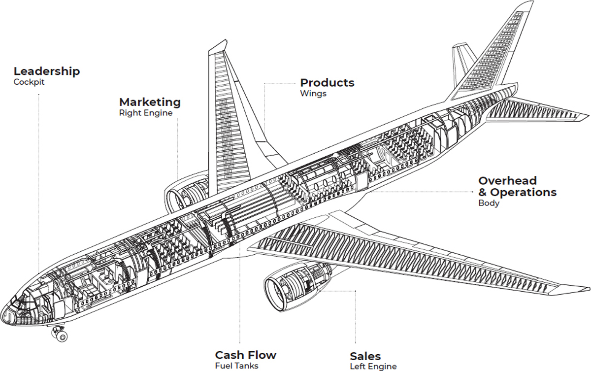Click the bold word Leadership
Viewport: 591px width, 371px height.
click(x=47, y=71)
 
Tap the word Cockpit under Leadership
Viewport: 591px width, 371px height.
click(x=29, y=82)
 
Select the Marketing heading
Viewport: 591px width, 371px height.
click(x=150, y=102)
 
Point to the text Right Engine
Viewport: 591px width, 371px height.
click(x=146, y=113)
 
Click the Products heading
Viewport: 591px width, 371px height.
click(x=327, y=83)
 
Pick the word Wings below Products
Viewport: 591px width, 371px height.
click(x=313, y=94)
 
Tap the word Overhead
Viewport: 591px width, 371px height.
click(x=507, y=181)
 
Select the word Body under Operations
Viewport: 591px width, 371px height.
click(x=489, y=203)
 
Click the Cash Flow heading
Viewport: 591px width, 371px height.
click(x=246, y=355)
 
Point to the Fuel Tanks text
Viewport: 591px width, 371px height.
click(x=236, y=366)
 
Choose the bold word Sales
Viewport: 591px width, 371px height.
click(x=365, y=356)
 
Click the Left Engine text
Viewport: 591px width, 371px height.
click(x=373, y=367)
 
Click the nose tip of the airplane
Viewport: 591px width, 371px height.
click(x=4, y=313)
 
